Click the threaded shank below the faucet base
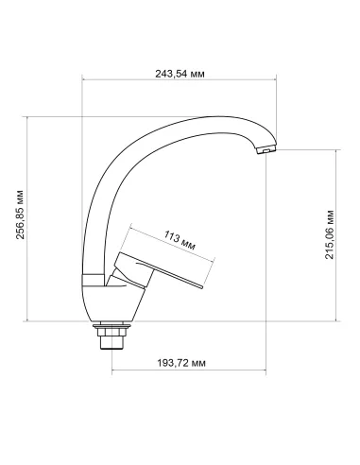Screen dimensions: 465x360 pyautogui.click(x=111, y=337)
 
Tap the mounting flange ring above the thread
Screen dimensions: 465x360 pyautogui.click(x=111, y=326)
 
